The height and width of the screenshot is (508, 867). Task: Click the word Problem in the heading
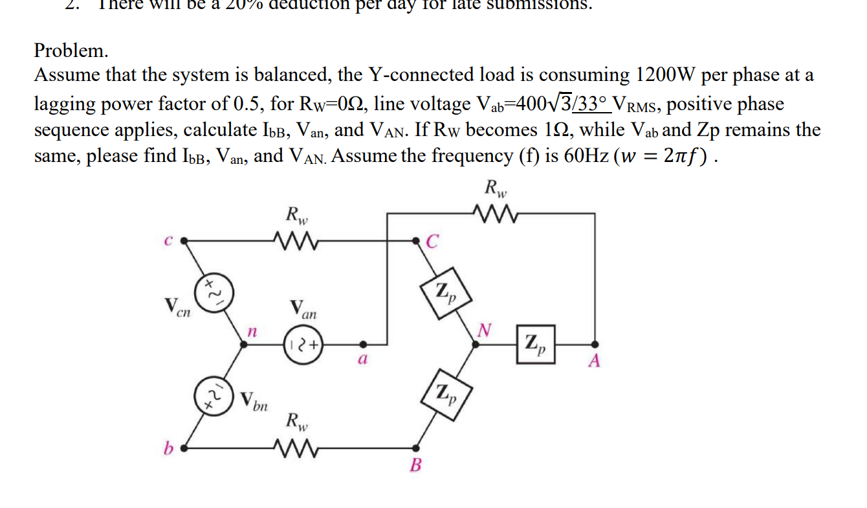71,50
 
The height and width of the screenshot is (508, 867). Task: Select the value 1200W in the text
666,76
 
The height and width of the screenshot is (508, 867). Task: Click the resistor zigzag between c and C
295,240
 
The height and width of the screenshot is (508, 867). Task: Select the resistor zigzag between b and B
295,447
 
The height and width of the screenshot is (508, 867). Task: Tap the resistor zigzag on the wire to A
494,213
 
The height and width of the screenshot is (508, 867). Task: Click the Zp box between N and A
536,345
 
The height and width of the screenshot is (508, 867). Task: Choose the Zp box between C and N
444,294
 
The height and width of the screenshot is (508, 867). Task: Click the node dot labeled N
476,345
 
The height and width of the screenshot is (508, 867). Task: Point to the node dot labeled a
363,345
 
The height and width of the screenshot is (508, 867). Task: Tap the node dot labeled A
595,345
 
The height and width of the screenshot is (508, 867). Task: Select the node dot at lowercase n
244,345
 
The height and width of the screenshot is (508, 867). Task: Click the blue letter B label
417,465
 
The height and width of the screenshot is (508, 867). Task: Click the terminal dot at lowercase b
184,447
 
